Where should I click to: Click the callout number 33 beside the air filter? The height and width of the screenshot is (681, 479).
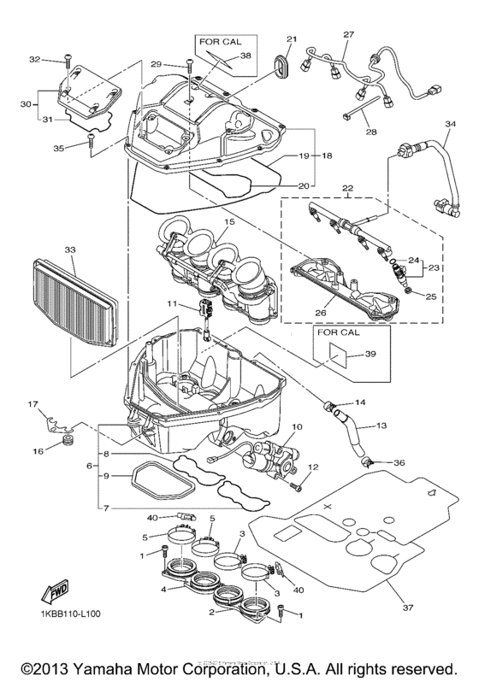click(69, 250)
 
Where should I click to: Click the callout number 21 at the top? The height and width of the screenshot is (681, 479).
click(291, 38)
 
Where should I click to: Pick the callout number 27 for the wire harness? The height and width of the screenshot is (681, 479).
click(348, 34)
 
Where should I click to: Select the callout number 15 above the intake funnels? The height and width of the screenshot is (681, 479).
click(228, 221)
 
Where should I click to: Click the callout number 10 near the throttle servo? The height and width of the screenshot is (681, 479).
click(298, 426)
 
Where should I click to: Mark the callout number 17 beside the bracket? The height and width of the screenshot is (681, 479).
click(33, 404)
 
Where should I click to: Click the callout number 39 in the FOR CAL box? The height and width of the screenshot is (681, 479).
click(346, 353)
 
